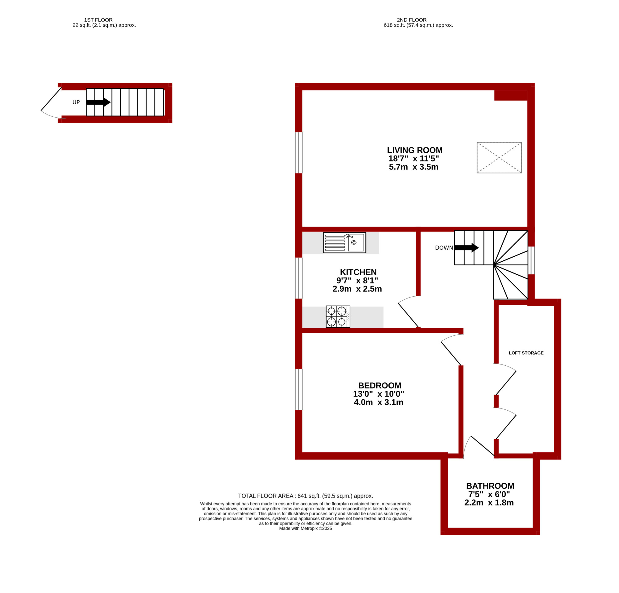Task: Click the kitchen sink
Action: click(344, 243)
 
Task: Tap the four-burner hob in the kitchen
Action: click(338, 316)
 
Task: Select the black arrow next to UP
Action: click(98, 102)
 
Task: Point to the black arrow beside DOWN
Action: click(466, 248)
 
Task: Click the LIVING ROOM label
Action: click(415, 150)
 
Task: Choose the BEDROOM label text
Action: click(380, 386)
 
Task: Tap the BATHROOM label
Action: click(490, 486)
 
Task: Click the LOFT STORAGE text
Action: click(526, 353)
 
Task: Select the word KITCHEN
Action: click(358, 272)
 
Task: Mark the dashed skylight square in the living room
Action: click(499, 158)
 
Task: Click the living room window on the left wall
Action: click(298, 153)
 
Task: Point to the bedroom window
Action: click(298, 389)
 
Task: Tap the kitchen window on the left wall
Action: click(298, 278)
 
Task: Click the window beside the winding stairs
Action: click(531, 260)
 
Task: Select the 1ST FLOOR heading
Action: click(98, 20)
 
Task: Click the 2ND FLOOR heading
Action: click(412, 20)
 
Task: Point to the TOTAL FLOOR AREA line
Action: click(305, 496)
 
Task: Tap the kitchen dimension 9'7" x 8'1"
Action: click(357, 281)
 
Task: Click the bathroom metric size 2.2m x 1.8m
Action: click(489, 503)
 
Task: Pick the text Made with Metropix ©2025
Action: click(305, 529)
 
